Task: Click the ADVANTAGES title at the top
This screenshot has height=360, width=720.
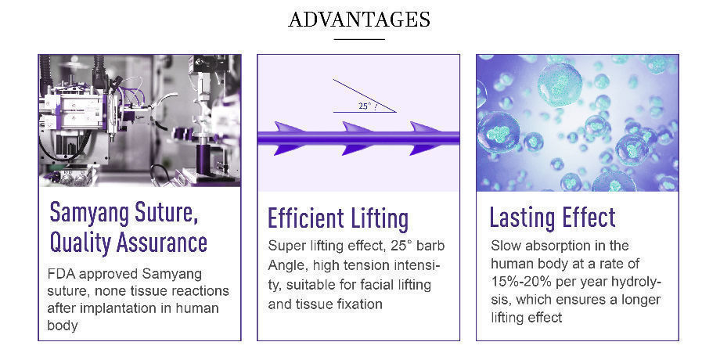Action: click(x=359, y=20)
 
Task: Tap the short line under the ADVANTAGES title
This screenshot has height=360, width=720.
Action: click(x=359, y=39)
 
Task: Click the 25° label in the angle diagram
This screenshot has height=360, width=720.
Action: click(x=364, y=106)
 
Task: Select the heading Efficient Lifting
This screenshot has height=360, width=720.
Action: click(x=338, y=218)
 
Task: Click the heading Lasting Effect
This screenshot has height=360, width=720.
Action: click(x=553, y=218)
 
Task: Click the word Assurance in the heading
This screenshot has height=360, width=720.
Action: click(x=162, y=242)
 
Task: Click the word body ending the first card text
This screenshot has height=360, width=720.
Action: click(x=63, y=326)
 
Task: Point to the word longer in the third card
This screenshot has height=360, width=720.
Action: click(x=639, y=300)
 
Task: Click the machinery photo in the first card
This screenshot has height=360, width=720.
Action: click(x=139, y=121)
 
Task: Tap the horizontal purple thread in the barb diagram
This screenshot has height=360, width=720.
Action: click(x=358, y=138)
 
